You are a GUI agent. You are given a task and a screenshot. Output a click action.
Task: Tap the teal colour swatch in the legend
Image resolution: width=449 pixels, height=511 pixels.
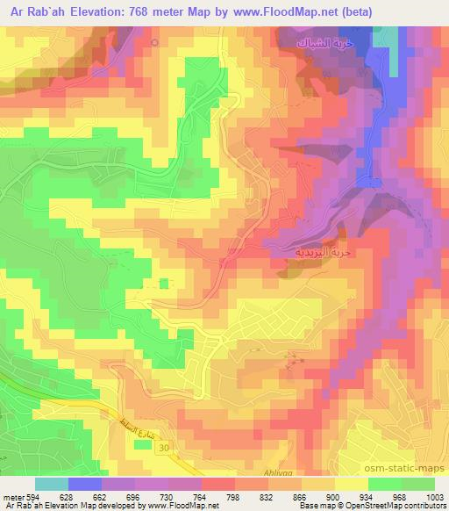click(52, 483)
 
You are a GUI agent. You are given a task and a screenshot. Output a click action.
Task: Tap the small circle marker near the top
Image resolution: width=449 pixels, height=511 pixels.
click(155, 42)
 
